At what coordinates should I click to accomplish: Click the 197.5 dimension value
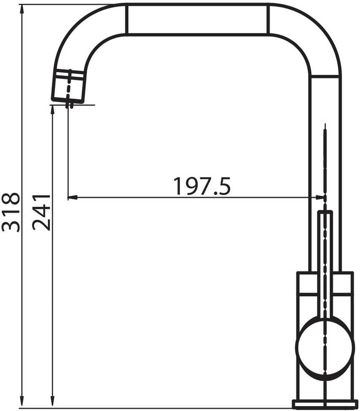[x=202, y=186]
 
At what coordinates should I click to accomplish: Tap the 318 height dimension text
[x=11, y=213]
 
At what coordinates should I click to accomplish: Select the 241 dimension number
[x=41, y=213]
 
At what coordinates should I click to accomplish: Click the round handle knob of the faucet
[x=325, y=346]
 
